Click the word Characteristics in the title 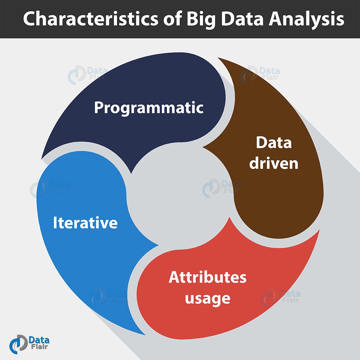point(91,19)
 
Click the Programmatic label point(149,108)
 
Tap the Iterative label point(85,222)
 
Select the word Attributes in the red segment point(208,277)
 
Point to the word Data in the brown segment point(274,142)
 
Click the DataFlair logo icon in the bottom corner point(18,344)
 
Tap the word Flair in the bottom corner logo point(39,346)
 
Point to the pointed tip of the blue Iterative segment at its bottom point(145,335)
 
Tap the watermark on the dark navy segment point(88,74)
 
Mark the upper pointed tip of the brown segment point(218,58)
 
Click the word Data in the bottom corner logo point(39,340)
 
